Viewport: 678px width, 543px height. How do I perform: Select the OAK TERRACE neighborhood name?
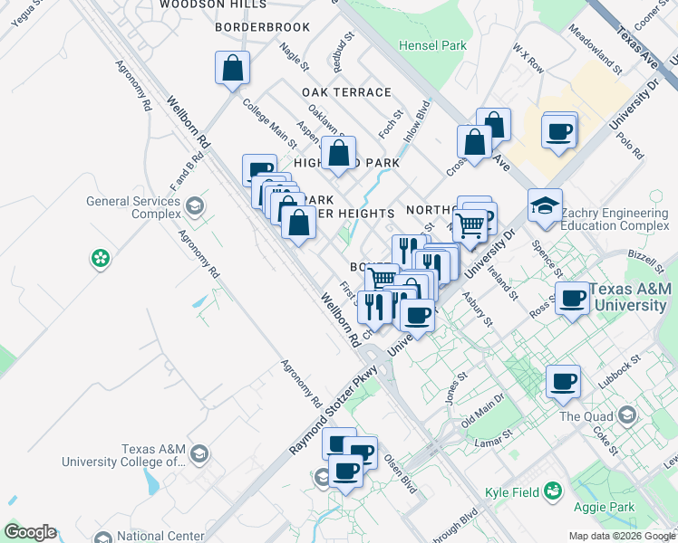[x=346, y=92]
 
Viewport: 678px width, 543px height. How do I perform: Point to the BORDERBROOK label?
[x=263, y=27]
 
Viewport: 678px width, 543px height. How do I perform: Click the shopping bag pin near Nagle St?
[x=232, y=68]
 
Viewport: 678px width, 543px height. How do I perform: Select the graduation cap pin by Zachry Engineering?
[x=545, y=205]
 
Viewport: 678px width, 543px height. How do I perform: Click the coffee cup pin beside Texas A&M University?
[x=571, y=298]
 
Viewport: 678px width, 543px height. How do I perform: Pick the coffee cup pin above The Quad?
[x=562, y=381]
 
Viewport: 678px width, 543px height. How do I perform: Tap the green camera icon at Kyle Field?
[x=552, y=491]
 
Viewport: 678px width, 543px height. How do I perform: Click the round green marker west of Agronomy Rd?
[x=100, y=260]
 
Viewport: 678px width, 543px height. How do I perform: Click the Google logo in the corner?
[x=30, y=532]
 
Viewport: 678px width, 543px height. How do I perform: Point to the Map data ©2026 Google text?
[x=622, y=536]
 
